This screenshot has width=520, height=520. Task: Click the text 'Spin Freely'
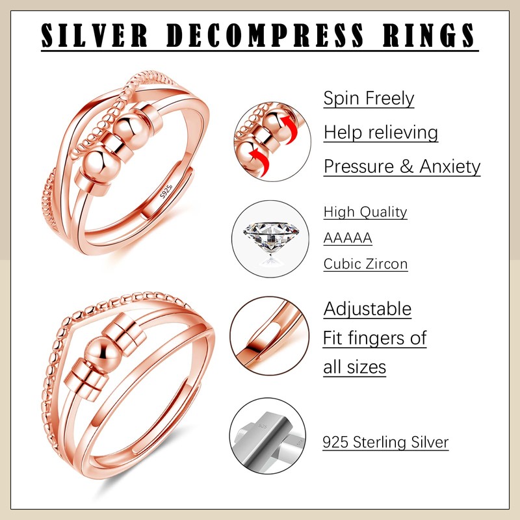pos(369,99)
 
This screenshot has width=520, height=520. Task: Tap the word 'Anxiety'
pos(450,166)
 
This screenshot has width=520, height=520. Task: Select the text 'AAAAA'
pos(348,238)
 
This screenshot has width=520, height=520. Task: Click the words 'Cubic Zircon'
pos(365,264)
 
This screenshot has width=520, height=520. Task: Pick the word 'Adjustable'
pos(367,308)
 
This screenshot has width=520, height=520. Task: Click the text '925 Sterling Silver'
pos(385,443)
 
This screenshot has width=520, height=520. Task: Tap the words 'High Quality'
pos(365,212)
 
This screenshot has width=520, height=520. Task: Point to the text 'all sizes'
pos(354,367)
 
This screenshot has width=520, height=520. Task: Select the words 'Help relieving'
pos(380,133)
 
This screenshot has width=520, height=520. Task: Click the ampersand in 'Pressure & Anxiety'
pos(407,166)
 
